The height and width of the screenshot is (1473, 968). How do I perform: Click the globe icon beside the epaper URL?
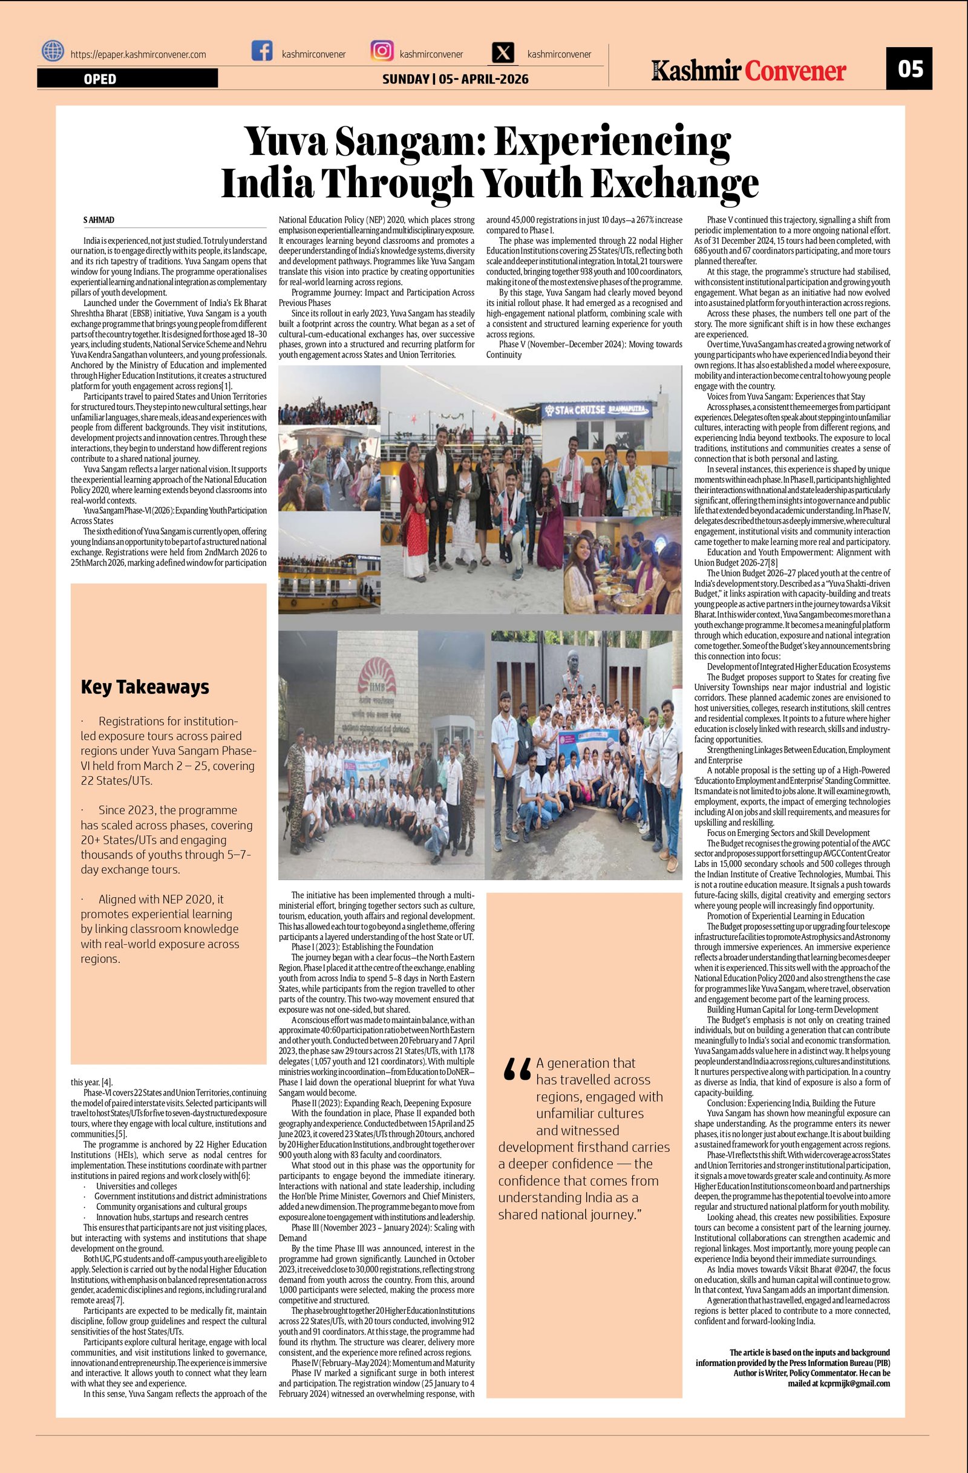pyautogui.click(x=53, y=51)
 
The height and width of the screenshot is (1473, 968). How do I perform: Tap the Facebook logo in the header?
pyautogui.click(x=262, y=51)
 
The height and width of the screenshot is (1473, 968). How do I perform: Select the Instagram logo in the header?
pyautogui.click(x=382, y=51)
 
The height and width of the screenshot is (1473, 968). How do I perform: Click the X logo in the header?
pyautogui.click(x=504, y=53)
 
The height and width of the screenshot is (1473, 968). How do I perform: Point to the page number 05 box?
pyautogui.click(x=909, y=68)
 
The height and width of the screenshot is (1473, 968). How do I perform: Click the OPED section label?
pyautogui.click(x=100, y=79)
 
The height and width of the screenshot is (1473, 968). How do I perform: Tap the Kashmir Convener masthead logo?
pyautogui.click(x=748, y=71)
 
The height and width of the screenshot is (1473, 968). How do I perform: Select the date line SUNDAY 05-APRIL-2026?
pyautogui.click(x=455, y=79)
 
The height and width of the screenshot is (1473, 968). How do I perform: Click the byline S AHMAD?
pyautogui.click(x=99, y=220)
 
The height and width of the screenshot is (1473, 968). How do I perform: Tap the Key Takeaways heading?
pyautogui.click(x=145, y=687)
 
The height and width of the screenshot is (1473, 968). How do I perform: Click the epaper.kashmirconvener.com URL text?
pyautogui.click(x=138, y=54)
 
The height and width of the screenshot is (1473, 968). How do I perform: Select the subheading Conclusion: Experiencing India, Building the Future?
pyautogui.click(x=791, y=1103)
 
